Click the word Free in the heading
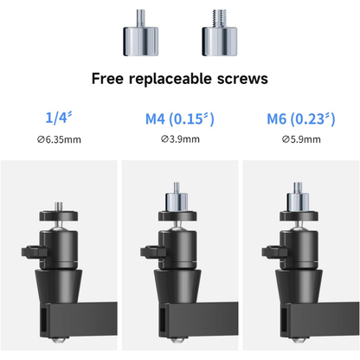(x=107, y=78)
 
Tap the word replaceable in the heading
(x=170, y=79)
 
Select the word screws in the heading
(x=242, y=79)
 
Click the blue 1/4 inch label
(x=59, y=117)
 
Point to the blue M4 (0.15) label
(x=180, y=119)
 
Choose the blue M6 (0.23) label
(x=301, y=119)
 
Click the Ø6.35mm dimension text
(x=59, y=139)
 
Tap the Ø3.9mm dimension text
(x=180, y=139)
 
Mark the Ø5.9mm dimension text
(x=301, y=139)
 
